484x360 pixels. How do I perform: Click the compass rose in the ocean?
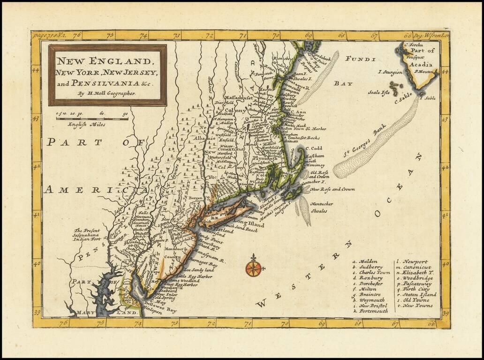pyautogui.click(x=253, y=268)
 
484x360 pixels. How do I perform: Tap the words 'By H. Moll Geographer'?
pyautogui.click(x=107, y=93)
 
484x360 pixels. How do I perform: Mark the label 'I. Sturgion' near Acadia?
pyautogui.click(x=390, y=73)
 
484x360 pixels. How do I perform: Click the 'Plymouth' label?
pyautogui.click(x=265, y=159)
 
